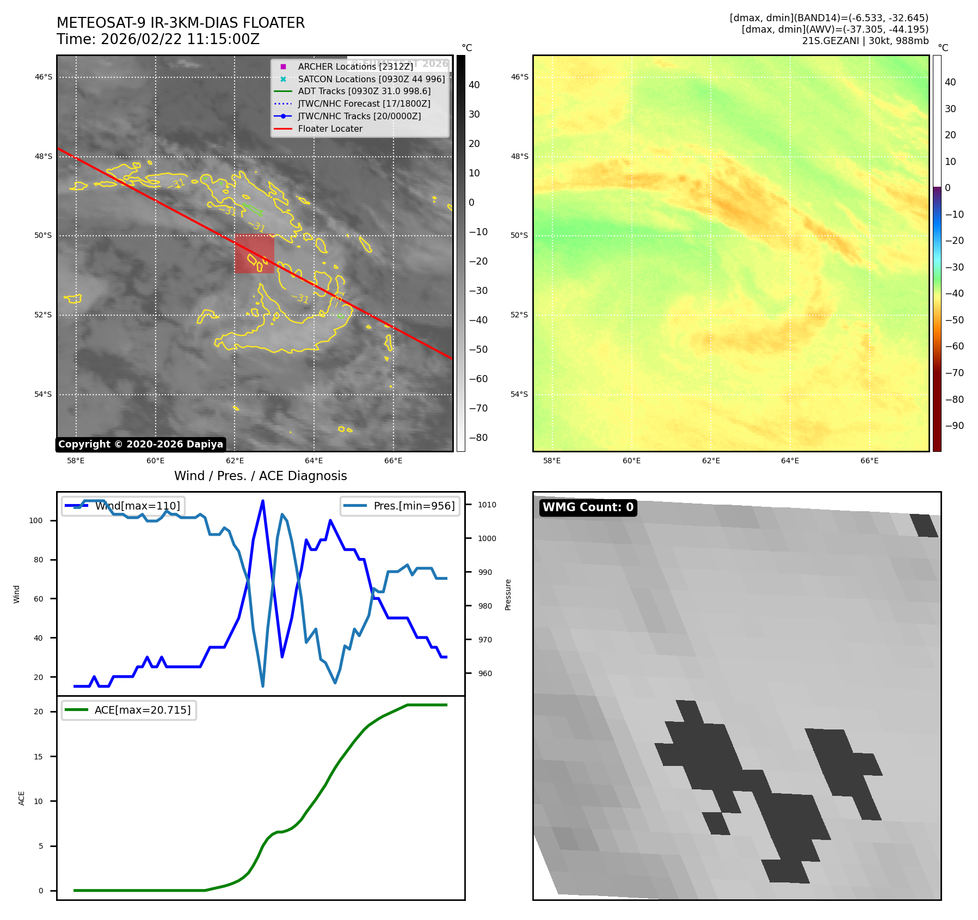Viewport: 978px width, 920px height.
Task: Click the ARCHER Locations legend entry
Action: click(355, 66)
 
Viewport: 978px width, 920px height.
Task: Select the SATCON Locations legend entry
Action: click(371, 79)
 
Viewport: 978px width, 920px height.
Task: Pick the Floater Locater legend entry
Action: click(330, 128)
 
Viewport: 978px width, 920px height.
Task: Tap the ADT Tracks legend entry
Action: click(364, 91)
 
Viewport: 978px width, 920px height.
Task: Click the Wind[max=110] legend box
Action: click(123, 506)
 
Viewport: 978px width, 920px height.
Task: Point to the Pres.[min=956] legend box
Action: click(400, 506)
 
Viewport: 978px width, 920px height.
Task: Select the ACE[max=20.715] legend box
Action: click(129, 710)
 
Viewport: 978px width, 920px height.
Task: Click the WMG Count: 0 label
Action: click(588, 507)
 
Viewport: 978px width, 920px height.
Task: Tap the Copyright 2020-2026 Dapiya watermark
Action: click(140, 444)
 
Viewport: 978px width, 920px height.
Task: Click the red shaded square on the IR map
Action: click(254, 253)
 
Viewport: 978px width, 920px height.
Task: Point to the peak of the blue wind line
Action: click(263, 501)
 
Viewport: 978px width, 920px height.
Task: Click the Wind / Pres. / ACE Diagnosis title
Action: click(260, 476)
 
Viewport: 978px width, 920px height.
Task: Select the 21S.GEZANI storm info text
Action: click(865, 41)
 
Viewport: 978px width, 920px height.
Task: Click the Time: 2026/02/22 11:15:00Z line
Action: click(158, 39)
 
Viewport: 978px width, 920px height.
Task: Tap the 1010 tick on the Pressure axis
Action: click(487, 505)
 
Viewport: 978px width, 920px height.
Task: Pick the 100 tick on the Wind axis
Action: click(36, 520)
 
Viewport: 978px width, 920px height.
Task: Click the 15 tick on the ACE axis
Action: click(38, 757)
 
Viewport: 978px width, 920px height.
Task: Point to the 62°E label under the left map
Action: click(235, 461)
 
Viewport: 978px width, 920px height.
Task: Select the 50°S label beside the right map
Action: click(519, 236)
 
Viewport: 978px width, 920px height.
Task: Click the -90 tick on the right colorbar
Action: click(954, 426)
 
